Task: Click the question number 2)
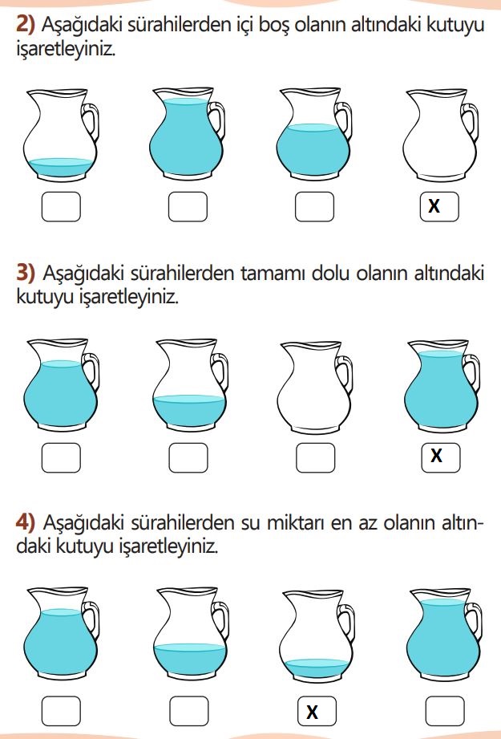26,24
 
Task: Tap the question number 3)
26,274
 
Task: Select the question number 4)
26,522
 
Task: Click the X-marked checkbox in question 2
439,206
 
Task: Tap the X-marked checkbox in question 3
441,457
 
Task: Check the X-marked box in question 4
317,711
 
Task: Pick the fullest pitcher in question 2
188,133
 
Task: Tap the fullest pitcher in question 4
444,635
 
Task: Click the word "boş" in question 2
275,26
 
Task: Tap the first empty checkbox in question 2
61,206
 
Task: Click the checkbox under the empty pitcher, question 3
316,457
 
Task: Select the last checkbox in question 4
445,711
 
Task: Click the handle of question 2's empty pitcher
470,123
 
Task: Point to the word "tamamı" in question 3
273,274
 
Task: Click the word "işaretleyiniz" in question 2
66,50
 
